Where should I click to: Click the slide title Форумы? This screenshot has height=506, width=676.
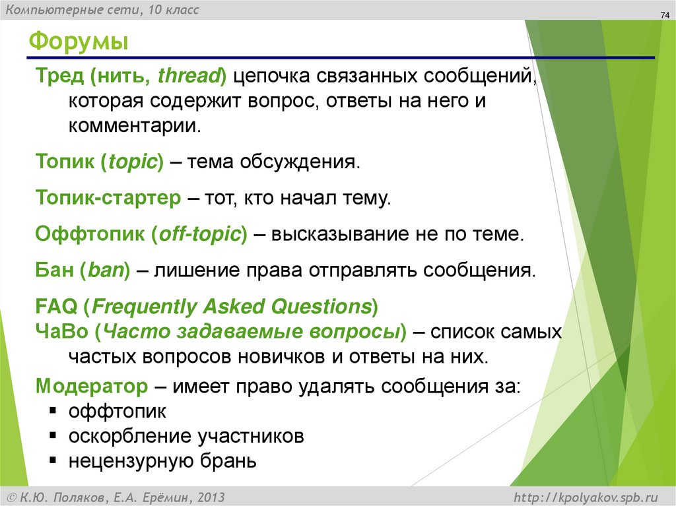(79, 43)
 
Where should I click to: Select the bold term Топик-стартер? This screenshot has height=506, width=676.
(108, 198)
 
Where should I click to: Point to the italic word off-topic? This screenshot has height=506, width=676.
(198, 234)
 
